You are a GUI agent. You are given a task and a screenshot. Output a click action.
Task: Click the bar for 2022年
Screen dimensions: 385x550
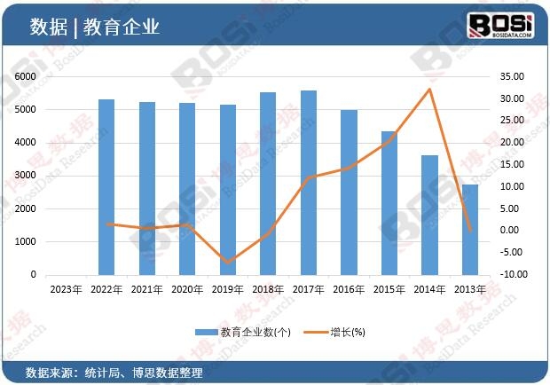(x=106, y=187)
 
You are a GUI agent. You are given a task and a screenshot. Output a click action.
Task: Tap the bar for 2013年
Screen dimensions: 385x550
(x=470, y=230)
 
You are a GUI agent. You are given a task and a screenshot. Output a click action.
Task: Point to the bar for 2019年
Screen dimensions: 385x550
(x=228, y=190)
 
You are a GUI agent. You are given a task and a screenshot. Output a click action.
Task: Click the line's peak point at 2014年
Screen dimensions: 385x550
(x=430, y=89)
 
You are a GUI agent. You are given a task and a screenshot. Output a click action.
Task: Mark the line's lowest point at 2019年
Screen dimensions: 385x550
(x=228, y=263)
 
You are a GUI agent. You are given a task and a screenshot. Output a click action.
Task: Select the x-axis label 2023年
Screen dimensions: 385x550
(x=67, y=288)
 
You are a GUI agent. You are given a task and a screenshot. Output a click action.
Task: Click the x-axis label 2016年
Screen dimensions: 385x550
(x=349, y=288)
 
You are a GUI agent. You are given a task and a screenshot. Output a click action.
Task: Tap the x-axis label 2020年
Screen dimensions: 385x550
(x=187, y=288)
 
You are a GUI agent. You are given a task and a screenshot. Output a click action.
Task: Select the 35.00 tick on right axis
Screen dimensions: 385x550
(x=514, y=77)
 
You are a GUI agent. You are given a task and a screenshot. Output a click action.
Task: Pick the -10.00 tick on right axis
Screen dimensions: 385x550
(x=514, y=274)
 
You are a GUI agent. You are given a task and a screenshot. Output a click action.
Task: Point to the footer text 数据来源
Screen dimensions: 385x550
(x=46, y=371)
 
